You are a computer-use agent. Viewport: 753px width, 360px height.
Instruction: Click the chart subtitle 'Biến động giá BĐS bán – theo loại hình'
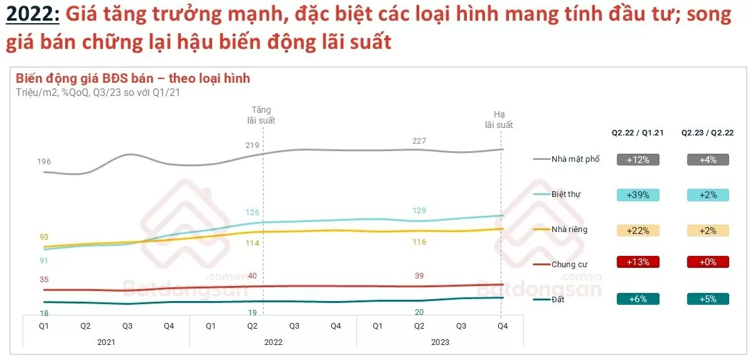pyautogui.click(x=132, y=78)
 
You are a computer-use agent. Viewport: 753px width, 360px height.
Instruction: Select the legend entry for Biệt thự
pyautogui.click(x=565, y=194)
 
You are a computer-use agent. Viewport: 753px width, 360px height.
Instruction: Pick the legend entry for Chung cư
pyautogui.click(x=569, y=265)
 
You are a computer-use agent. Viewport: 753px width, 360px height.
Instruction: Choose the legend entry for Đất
pyautogui.click(x=558, y=300)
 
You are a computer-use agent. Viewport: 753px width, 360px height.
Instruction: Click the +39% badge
pyautogui.click(x=638, y=194)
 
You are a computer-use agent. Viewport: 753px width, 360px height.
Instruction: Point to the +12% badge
pyautogui.click(x=638, y=159)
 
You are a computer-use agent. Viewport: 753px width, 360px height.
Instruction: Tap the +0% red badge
pyautogui.click(x=707, y=262)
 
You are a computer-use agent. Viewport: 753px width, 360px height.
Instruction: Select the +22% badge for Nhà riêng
pyautogui.click(x=638, y=230)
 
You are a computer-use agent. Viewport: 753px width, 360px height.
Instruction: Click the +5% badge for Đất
pyautogui.click(x=707, y=300)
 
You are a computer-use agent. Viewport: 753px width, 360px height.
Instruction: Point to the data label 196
pyautogui.click(x=44, y=162)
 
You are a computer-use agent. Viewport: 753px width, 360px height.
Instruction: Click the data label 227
pyautogui.click(x=419, y=141)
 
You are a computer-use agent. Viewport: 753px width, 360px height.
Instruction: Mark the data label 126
pyautogui.click(x=252, y=212)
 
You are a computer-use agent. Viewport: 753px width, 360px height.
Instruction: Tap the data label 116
pyautogui.click(x=419, y=242)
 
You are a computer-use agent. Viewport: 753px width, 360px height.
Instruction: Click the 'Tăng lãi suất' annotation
pyautogui.click(x=262, y=115)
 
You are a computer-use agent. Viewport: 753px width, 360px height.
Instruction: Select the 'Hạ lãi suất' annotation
pyautogui.click(x=499, y=120)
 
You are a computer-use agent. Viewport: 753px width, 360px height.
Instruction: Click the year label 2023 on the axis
pyautogui.click(x=440, y=342)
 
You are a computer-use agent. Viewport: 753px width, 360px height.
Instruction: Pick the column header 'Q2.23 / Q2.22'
pyautogui.click(x=707, y=133)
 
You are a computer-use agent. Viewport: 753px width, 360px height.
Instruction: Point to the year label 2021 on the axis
pyautogui.click(x=106, y=342)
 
